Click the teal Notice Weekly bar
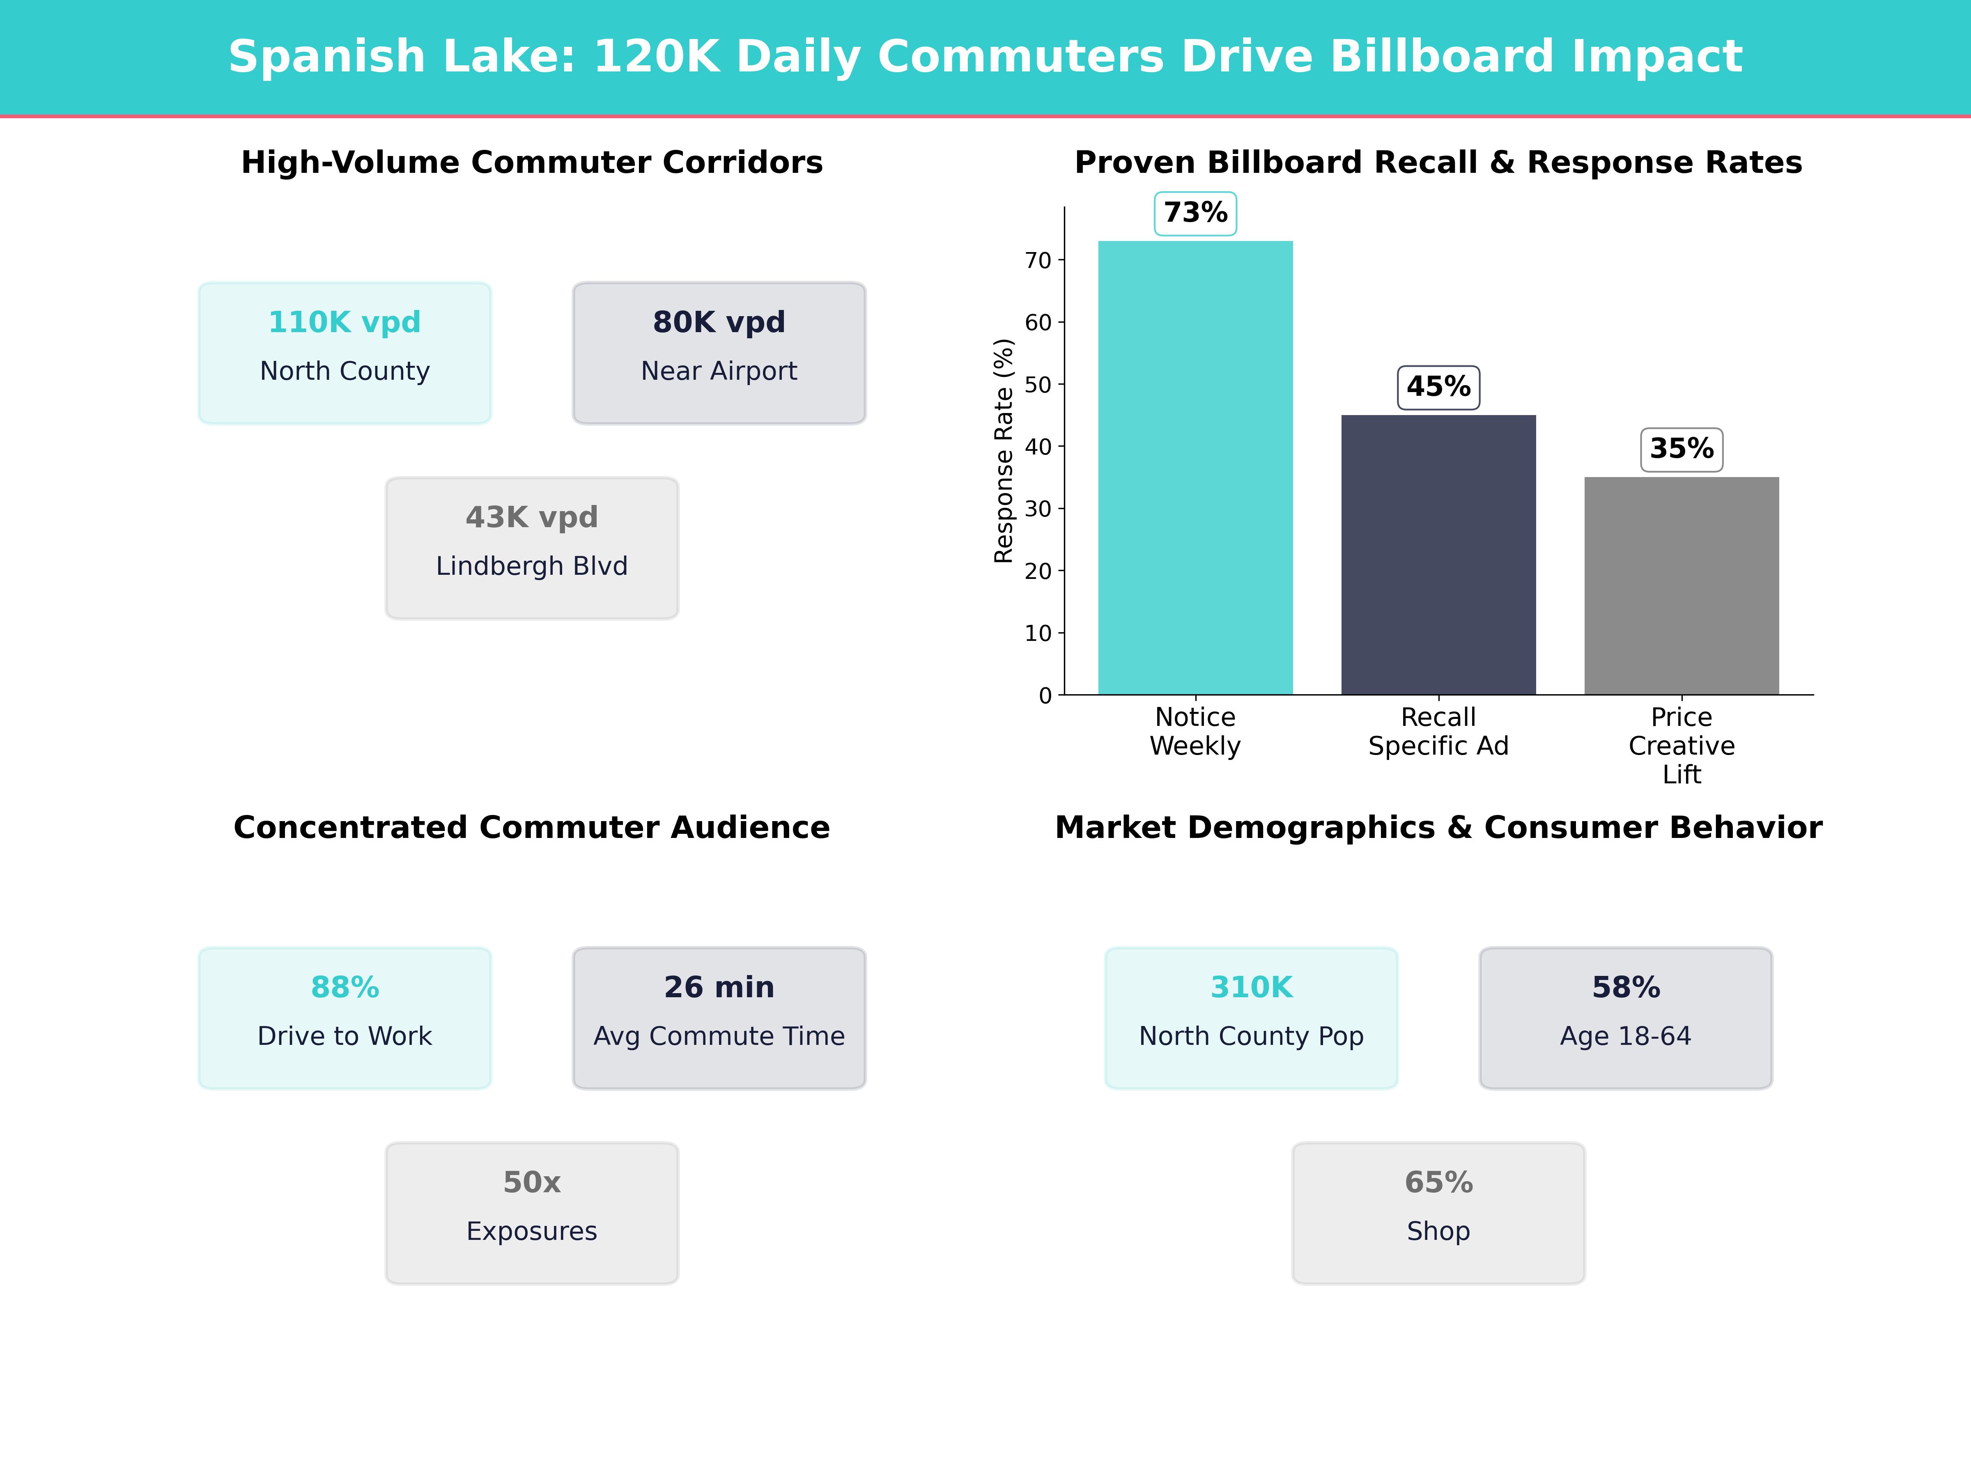click(x=1195, y=468)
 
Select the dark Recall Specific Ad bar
click(x=1438, y=554)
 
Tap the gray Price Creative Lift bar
click(x=1682, y=585)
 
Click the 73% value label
click(x=1195, y=213)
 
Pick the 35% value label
click(x=1682, y=449)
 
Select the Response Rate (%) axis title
click(x=1003, y=451)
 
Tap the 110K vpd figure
click(x=345, y=323)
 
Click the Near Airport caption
click(x=719, y=371)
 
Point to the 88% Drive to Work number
click(x=345, y=987)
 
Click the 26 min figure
click(x=719, y=987)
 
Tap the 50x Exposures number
click(x=532, y=1182)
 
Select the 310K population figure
click(x=1251, y=987)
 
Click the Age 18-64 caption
click(x=1625, y=1036)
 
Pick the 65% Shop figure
click(x=1438, y=1182)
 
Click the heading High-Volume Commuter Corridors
click(x=532, y=163)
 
